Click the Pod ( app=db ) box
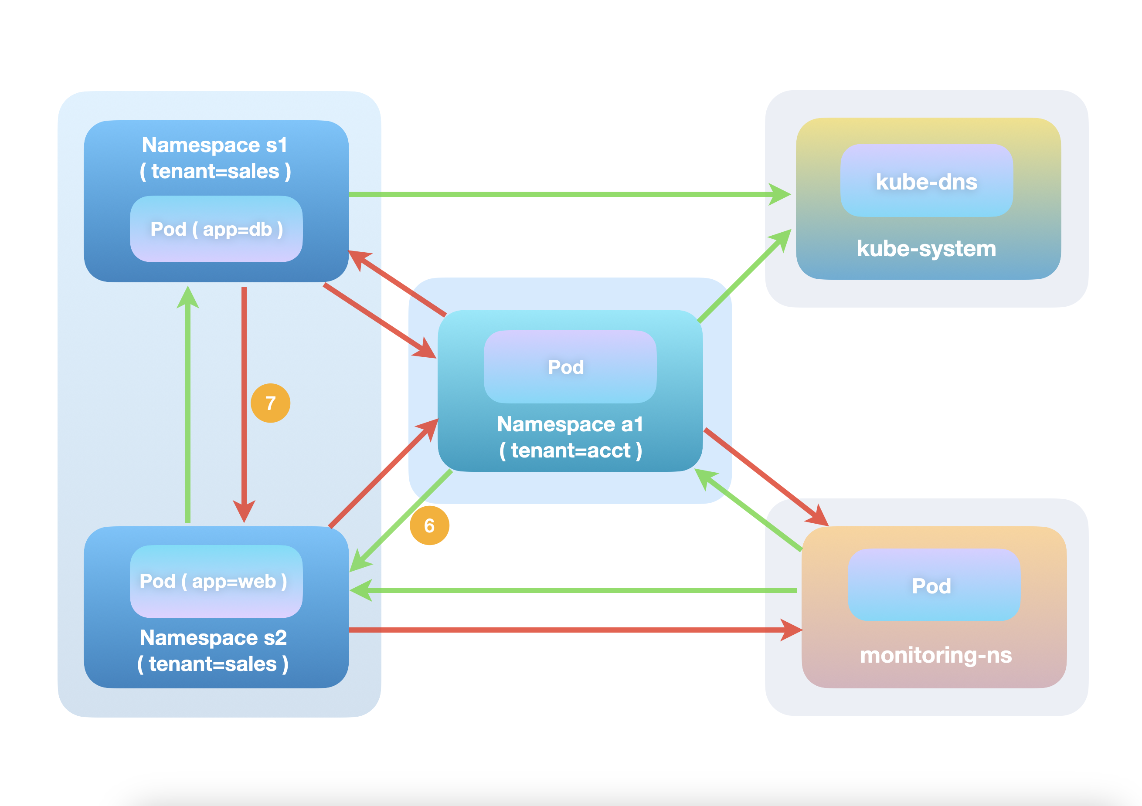point(216,229)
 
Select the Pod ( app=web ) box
point(216,581)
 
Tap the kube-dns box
point(926,181)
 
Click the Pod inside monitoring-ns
point(933,585)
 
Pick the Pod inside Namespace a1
point(570,367)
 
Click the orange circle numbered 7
point(270,403)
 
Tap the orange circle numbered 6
point(429,525)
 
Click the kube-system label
point(926,248)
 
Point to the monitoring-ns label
point(935,655)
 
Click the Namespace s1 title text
point(215,145)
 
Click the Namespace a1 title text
point(570,424)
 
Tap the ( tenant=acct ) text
point(570,450)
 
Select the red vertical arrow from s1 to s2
point(244,398)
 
